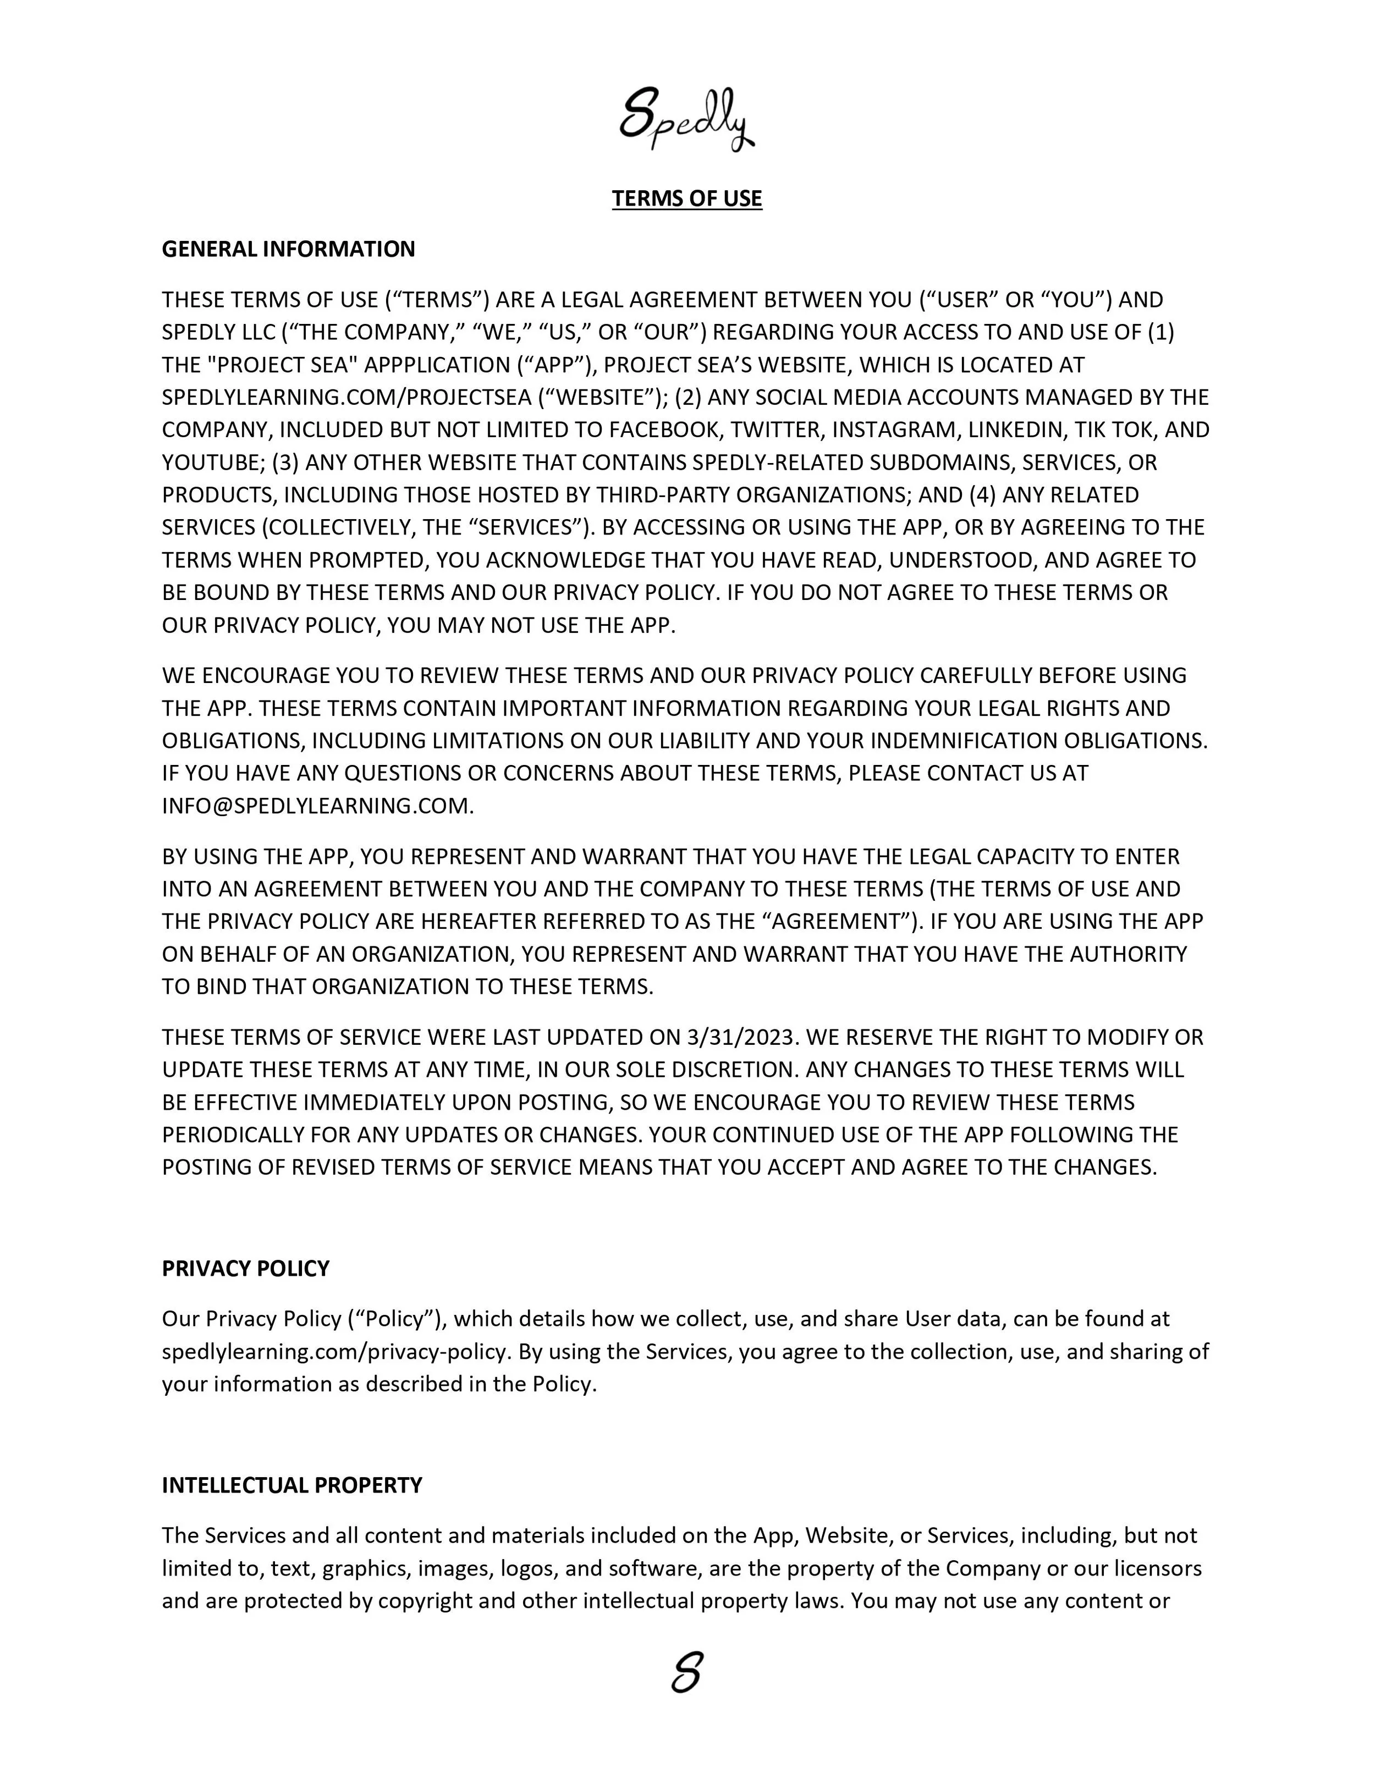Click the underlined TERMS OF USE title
pos(687,199)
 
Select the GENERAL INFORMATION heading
pos(288,249)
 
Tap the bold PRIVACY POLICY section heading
pos(245,1268)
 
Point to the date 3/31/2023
pos(740,1037)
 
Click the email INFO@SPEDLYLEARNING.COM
pos(316,806)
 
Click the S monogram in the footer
pos(687,1675)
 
